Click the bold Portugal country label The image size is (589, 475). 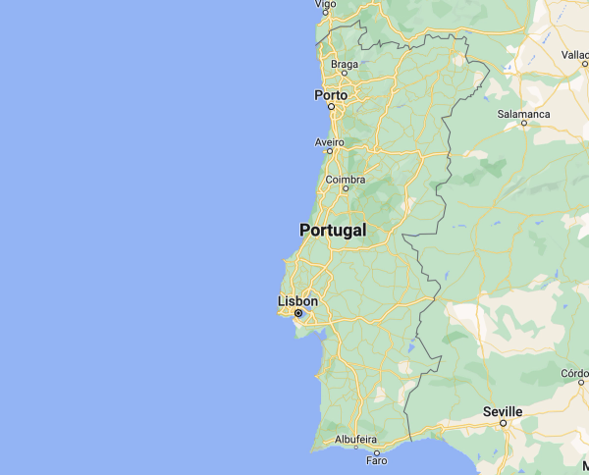333,230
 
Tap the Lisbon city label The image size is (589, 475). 297,301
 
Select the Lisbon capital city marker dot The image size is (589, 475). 297,314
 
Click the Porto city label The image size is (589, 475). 330,95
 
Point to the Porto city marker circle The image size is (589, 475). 332,106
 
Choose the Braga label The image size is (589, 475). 345,65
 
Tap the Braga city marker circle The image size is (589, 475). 345,76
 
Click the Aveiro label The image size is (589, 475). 330,142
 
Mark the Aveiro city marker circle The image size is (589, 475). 330,152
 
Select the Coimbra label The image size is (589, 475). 345,180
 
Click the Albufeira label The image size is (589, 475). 355,440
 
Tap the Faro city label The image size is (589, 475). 376,460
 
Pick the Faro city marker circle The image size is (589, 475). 377,451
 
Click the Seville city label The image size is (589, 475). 503,411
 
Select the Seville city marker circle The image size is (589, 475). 503,423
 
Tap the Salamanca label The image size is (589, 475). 523,114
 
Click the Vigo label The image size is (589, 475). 324,4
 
